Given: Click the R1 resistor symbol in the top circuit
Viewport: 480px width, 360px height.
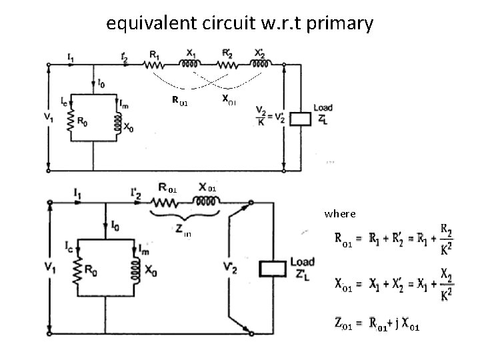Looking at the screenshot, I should tap(155, 64).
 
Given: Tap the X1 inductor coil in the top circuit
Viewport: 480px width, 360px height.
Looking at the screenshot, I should tap(191, 64).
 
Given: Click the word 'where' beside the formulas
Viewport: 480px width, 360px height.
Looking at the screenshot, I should tap(340, 214).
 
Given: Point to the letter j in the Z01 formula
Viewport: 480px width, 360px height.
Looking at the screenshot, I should tap(397, 325).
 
